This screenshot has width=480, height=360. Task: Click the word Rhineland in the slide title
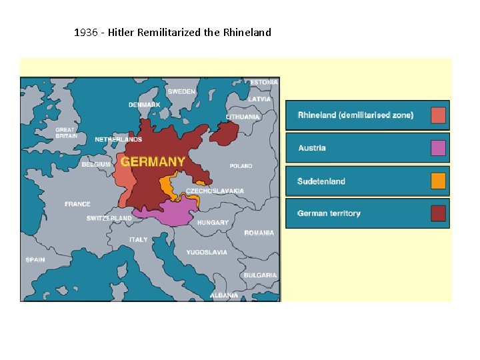click(247, 32)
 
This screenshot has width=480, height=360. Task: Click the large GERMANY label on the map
click(153, 162)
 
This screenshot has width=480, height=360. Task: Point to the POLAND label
click(241, 166)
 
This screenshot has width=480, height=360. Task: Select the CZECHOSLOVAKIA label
click(215, 191)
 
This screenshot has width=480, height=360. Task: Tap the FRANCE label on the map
click(77, 204)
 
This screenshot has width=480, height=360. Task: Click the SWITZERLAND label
click(109, 219)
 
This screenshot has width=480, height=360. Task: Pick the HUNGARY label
click(213, 223)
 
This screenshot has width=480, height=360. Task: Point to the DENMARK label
click(144, 105)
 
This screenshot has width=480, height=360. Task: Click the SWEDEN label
click(181, 91)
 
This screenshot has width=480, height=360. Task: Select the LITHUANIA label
click(243, 117)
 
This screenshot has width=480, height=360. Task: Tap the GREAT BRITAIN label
click(66, 133)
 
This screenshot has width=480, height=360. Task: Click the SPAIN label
click(35, 260)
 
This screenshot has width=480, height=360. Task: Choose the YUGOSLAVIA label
click(207, 253)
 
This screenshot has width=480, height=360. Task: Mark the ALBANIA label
click(224, 295)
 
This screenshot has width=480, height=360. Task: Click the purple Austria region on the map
click(167, 213)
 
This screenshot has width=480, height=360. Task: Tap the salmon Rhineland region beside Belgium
click(123, 173)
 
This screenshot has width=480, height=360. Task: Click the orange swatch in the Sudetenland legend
click(438, 181)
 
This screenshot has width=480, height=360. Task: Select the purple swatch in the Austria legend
click(438, 148)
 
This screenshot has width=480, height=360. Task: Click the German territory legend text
click(329, 214)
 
